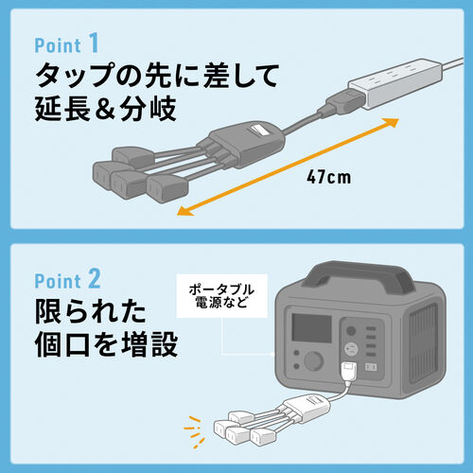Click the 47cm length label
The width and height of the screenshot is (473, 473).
[x=329, y=177]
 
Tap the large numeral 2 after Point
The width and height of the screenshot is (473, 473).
[x=95, y=279]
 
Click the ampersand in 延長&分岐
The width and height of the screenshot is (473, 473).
[x=105, y=108]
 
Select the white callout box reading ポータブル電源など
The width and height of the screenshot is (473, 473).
[x=222, y=296]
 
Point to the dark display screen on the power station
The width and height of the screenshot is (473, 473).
[x=311, y=328]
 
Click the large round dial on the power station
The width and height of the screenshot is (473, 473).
[x=314, y=360]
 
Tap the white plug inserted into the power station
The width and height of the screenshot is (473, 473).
[x=349, y=373]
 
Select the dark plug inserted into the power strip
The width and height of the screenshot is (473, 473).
[x=342, y=102]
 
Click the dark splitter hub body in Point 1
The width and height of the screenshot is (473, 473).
[x=246, y=144]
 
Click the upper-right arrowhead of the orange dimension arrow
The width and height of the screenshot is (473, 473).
[x=392, y=122]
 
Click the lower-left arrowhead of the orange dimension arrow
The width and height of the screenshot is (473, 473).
[x=184, y=211]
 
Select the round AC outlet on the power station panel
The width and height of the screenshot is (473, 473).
[x=350, y=349]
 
